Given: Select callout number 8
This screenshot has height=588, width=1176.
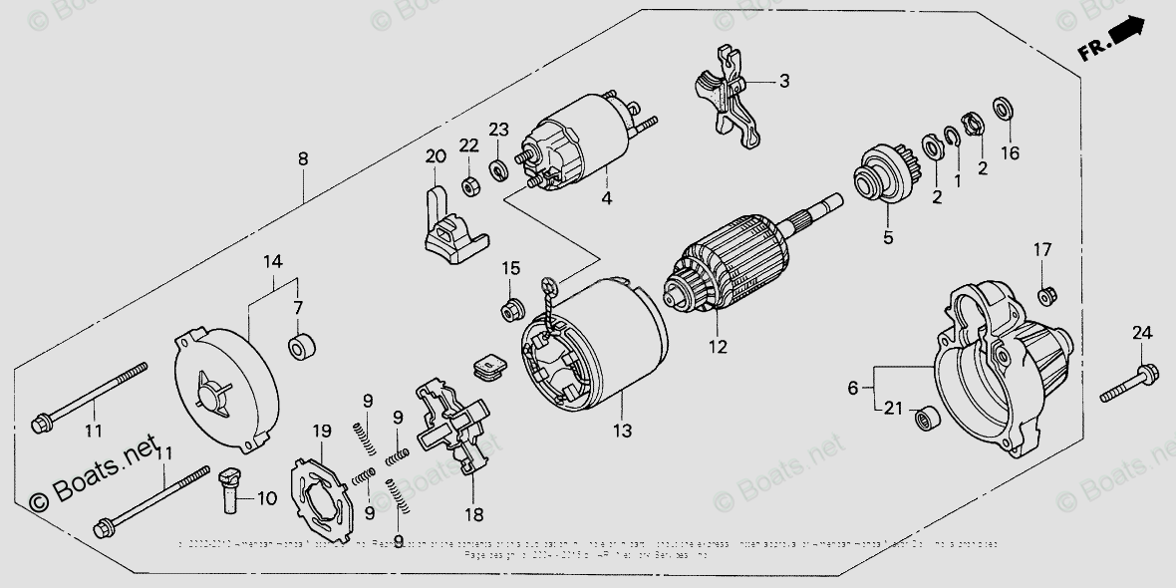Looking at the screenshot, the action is coord(303,158).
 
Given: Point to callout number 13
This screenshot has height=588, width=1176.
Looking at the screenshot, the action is coord(622,431).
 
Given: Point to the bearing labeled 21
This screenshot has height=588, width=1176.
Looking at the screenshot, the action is coord(928,414).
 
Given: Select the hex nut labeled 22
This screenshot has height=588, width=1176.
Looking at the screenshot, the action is coord(469,185).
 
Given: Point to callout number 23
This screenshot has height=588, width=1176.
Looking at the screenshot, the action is coord(498,129).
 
